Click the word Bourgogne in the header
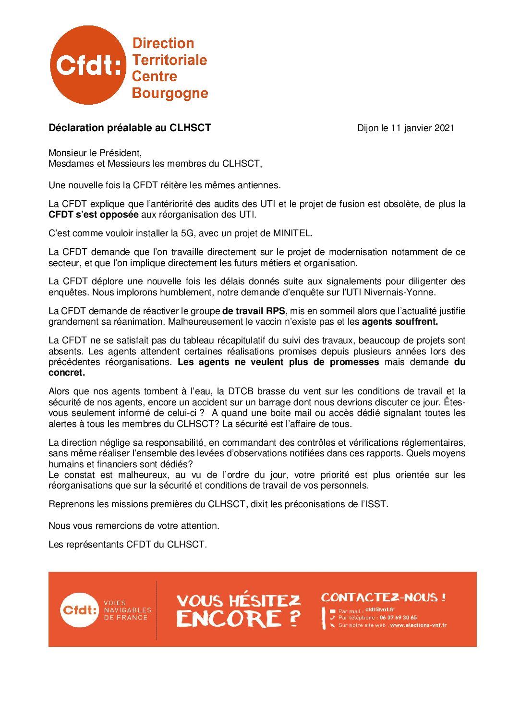tap(169, 93)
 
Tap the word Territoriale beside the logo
tap(169, 60)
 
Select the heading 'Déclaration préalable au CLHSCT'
tap(130, 128)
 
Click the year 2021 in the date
tap(444, 128)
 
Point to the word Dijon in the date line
tap(367, 128)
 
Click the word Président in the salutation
tap(120, 153)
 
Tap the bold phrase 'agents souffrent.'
tap(399, 322)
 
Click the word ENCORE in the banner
tap(229, 618)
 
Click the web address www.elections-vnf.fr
tap(418, 625)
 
